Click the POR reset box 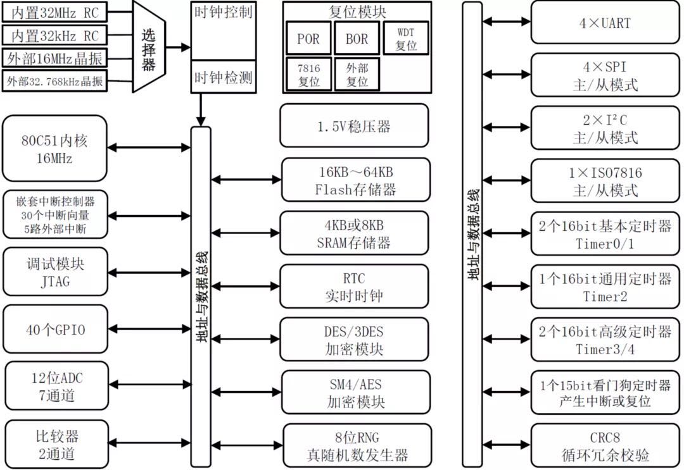(x=308, y=39)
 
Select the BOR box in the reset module (x=357, y=39)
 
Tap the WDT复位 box (x=406, y=39)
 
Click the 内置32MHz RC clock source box (x=54, y=13)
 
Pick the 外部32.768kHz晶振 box (x=54, y=81)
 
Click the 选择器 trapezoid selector (x=149, y=46)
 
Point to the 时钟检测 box (x=224, y=77)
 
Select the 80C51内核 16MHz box (x=54, y=149)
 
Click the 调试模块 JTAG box (x=55, y=272)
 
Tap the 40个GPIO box (x=55, y=330)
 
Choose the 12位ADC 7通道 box (x=57, y=386)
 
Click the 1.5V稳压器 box (x=354, y=126)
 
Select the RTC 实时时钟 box (x=354, y=287)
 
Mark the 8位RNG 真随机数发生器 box (x=357, y=445)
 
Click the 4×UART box (x=605, y=23)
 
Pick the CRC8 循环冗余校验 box (x=605, y=445)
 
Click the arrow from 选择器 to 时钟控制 (x=178, y=47)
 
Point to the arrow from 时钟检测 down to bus (x=201, y=110)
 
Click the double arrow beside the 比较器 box (x=149, y=443)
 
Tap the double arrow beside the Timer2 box (x=507, y=286)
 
